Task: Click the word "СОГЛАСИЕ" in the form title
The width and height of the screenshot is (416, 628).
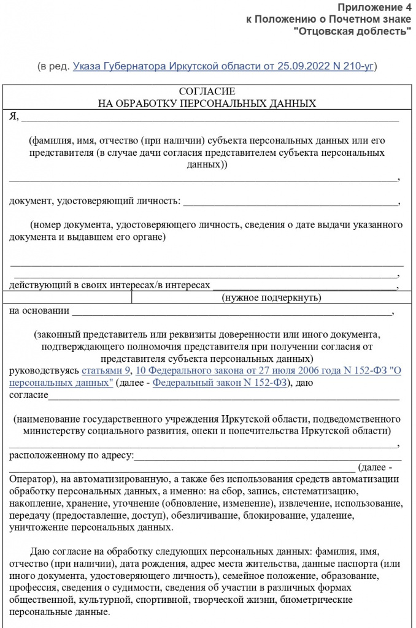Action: pyautogui.click(x=207, y=92)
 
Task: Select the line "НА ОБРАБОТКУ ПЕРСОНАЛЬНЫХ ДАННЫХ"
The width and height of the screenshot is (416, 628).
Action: pyautogui.click(x=207, y=104)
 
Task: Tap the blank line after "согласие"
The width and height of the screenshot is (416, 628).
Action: pyautogui.click(x=224, y=396)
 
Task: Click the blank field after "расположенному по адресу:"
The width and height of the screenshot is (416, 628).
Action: pyautogui.click(x=267, y=456)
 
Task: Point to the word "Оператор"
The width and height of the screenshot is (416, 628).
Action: pyautogui.click(x=30, y=479)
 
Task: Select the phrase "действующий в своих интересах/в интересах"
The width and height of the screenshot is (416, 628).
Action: pyautogui.click(x=110, y=285)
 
